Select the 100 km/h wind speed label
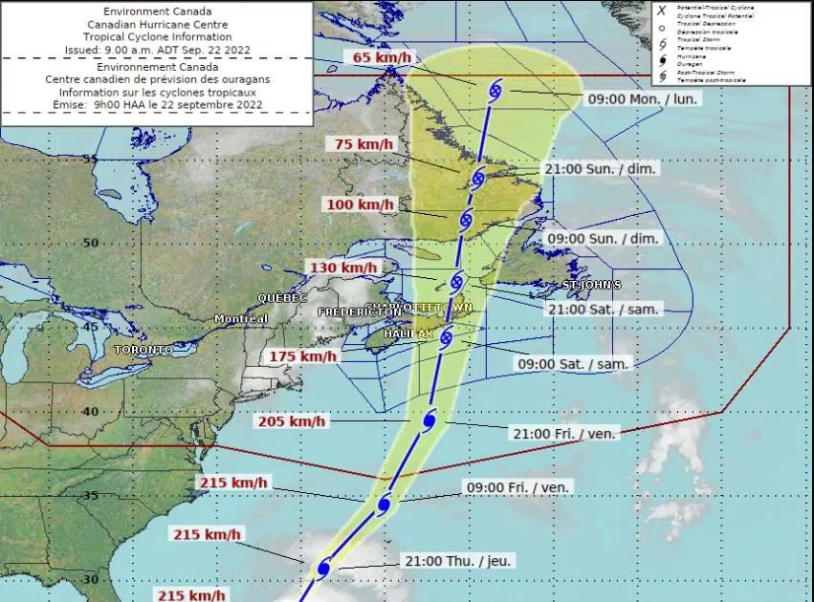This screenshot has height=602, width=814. tap(363, 204)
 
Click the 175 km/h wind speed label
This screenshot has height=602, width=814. tap(303, 356)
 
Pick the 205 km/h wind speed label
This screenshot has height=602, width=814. tap(292, 421)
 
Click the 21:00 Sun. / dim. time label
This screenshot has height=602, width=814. tap(602, 168)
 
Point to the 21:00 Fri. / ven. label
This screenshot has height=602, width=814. tap(565, 433)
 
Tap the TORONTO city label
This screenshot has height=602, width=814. tap(143, 350)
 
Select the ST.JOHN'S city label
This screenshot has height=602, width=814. tap(592, 285)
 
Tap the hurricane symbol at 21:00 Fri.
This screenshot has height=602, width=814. tap(429, 420)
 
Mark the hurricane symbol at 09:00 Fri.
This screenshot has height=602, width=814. tap(385, 504)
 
